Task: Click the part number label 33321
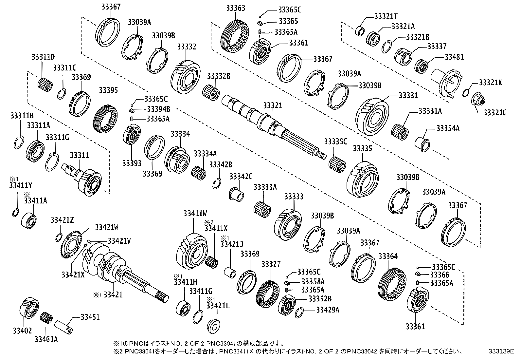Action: coord(273,106)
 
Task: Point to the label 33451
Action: coord(90,317)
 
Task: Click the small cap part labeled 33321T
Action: coord(360,31)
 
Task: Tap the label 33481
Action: coord(454,57)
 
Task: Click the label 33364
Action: coord(388,256)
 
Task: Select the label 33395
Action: coord(108,90)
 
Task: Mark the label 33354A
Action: coord(448,128)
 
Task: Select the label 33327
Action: coord(271,264)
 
